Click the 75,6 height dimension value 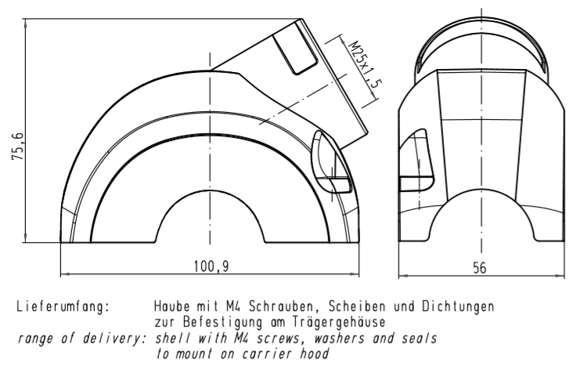pos(18,146)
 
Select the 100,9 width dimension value pos(211,266)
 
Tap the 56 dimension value pos(480,268)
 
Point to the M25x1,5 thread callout pos(365,65)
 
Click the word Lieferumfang pos(63,306)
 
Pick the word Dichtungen pos(458,306)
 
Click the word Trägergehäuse pos(339,322)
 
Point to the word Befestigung pos(222,322)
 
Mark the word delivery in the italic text pos(112,338)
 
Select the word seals pos(419,338)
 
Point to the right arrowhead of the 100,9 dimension pos(355,273)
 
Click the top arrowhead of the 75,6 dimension pos(26,23)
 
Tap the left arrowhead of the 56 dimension pos(402,276)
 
